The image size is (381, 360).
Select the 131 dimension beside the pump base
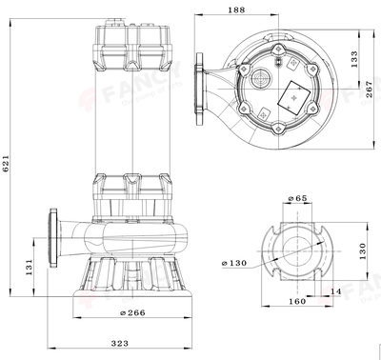pos(30,262)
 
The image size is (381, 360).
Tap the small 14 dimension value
pos(336,290)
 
